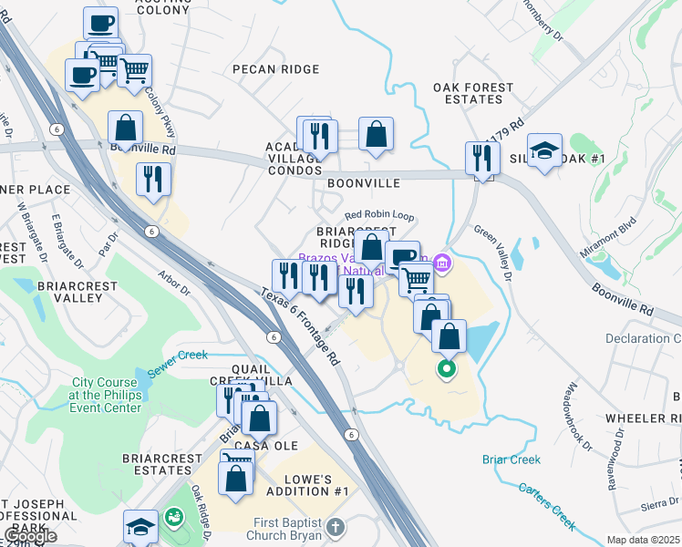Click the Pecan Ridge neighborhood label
click(x=275, y=69)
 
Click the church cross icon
click(x=336, y=527)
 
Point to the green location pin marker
click(x=446, y=369)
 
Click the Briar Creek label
click(x=511, y=460)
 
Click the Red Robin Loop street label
click(x=379, y=216)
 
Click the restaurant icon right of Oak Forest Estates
click(x=482, y=159)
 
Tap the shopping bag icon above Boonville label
click(x=376, y=135)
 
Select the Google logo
click(x=30, y=536)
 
